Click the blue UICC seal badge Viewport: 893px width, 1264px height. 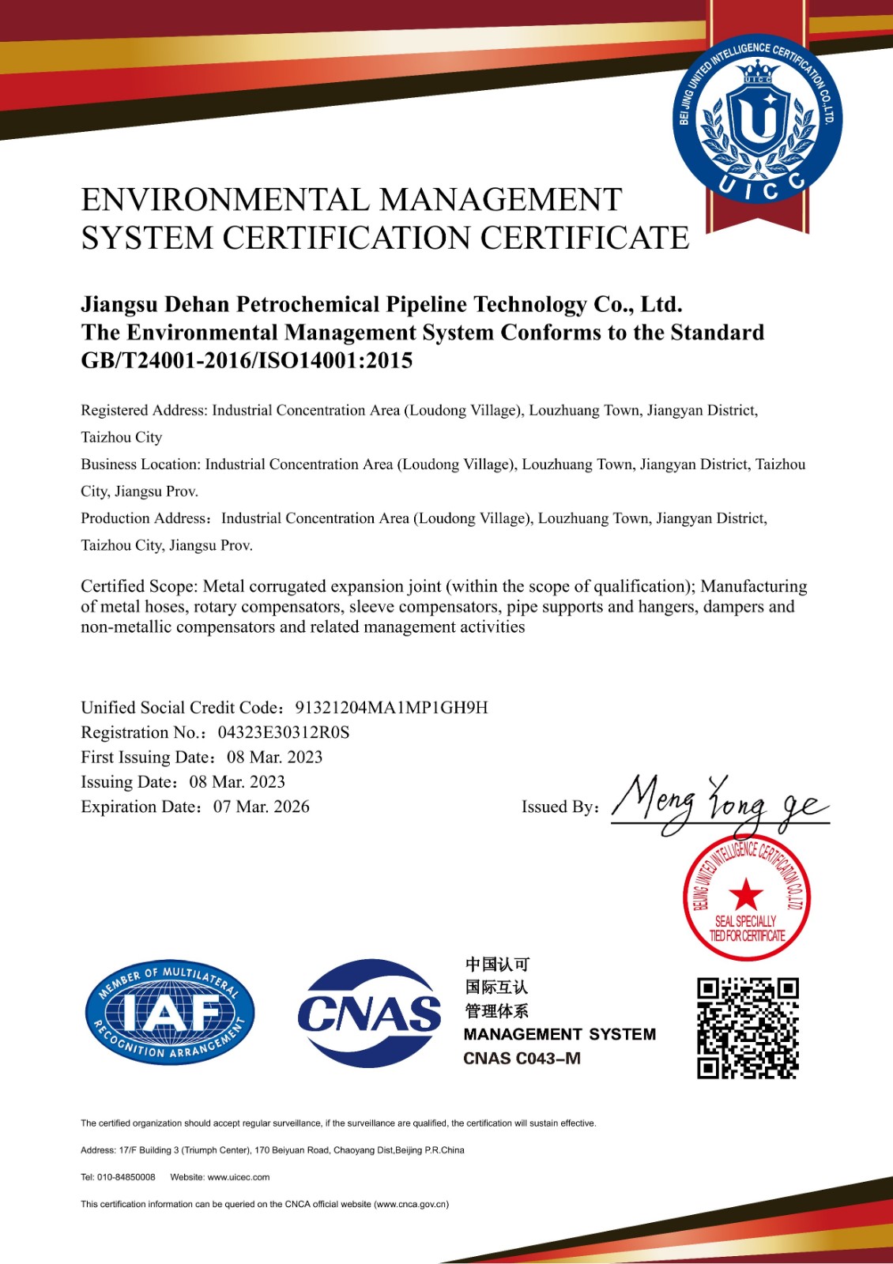[757, 119]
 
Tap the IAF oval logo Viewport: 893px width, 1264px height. [170, 1014]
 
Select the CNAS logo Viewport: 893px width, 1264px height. [369, 1013]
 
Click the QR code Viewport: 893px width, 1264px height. [748, 1028]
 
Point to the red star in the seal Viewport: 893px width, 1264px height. [746, 895]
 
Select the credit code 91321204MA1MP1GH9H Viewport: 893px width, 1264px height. [391, 708]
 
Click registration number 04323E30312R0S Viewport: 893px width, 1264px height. [284, 732]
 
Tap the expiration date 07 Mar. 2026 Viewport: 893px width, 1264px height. [261, 807]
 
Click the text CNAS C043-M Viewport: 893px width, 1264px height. [522, 1059]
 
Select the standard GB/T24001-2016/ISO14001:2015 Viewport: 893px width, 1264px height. [247, 361]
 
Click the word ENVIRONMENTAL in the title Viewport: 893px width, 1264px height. [224, 200]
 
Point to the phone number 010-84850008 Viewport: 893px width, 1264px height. [126, 1177]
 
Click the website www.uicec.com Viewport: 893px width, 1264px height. [239, 1177]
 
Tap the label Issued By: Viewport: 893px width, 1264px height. [560, 807]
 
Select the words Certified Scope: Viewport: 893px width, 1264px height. [139, 586]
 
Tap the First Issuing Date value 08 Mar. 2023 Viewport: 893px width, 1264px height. [274, 757]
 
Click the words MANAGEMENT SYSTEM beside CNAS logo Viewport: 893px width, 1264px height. [560, 1035]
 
